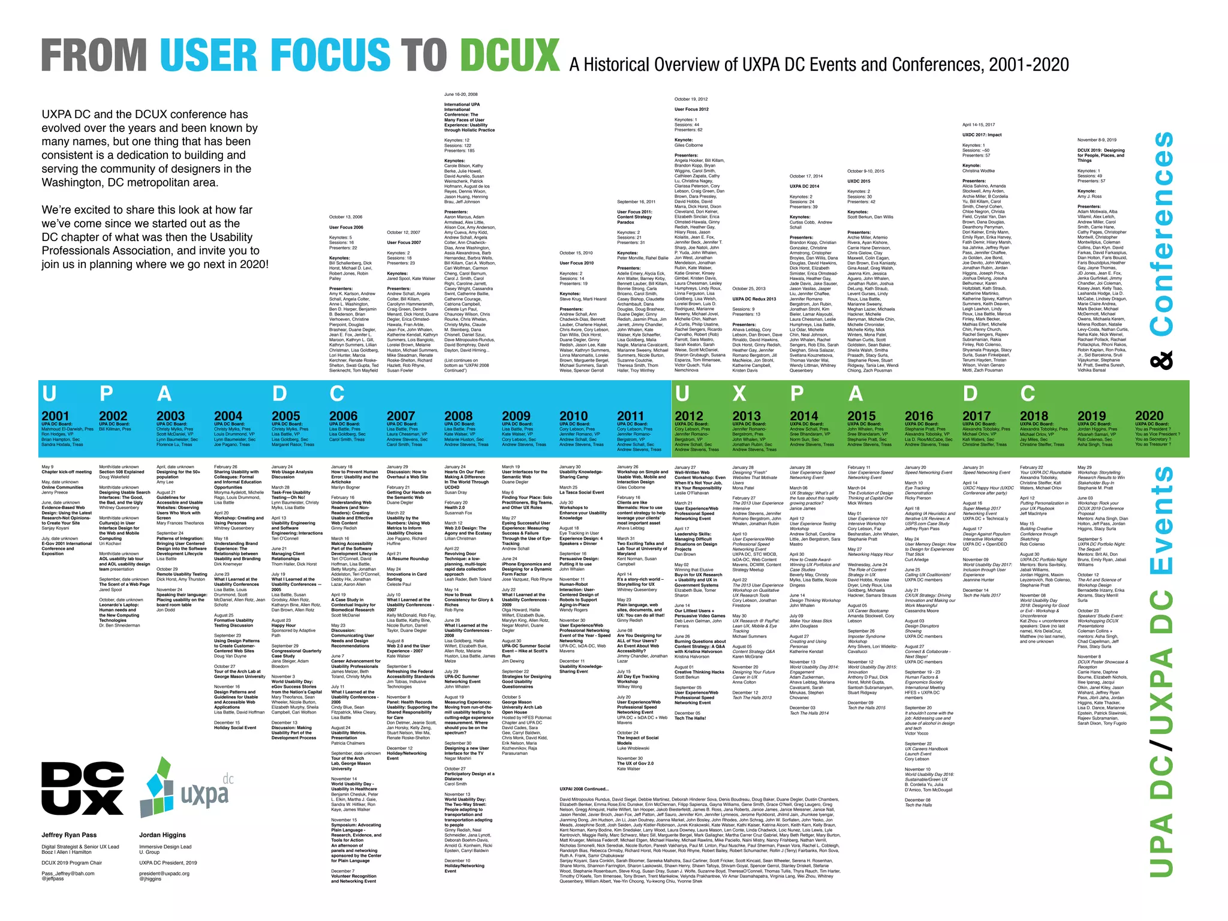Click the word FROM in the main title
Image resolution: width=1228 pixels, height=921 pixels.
click(x=94, y=55)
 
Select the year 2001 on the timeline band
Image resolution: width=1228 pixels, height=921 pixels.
click(x=55, y=416)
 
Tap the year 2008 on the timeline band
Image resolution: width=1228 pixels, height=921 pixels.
click(x=458, y=416)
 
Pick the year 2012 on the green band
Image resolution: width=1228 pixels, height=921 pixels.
click(x=688, y=416)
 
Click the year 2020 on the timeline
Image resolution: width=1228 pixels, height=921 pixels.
click(x=1149, y=416)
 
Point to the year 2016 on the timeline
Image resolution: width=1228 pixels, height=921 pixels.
click(x=919, y=416)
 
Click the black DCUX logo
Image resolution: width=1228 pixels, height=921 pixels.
click(x=82, y=788)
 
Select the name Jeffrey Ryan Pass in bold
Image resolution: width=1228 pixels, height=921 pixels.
click(x=69, y=835)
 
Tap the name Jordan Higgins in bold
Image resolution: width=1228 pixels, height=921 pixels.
click(x=162, y=835)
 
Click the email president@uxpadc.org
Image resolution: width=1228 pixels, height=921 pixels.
click(x=164, y=873)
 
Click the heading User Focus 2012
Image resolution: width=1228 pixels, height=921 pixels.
click(x=691, y=109)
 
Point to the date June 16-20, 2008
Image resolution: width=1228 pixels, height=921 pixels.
click(x=460, y=94)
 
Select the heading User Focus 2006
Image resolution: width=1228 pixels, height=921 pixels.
click(x=346, y=227)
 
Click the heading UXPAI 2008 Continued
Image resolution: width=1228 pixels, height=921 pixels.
click(x=583, y=789)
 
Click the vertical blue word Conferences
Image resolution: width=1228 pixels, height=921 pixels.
click(x=1161, y=234)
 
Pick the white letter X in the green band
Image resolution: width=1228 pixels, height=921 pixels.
click(x=739, y=393)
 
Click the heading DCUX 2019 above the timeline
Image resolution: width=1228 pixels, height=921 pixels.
click(x=1101, y=153)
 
